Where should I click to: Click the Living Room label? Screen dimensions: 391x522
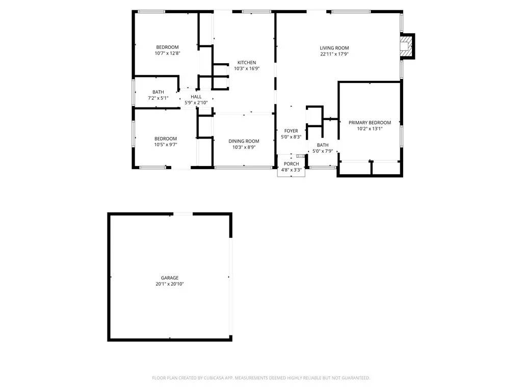pyautogui.click(x=334, y=48)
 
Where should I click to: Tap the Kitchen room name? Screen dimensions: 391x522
pyautogui.click(x=247, y=63)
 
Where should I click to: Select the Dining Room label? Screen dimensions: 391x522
pyautogui.click(x=244, y=141)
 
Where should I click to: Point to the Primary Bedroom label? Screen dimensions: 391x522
pyautogui.click(x=370, y=123)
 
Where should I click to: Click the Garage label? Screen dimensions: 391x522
pyautogui.click(x=170, y=278)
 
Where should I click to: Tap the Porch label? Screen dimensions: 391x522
pyautogui.click(x=292, y=163)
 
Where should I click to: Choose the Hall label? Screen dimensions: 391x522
pyautogui.click(x=196, y=97)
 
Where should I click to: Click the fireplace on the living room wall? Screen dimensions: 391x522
pyautogui.click(x=406, y=46)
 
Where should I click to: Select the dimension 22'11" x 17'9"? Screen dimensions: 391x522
pyautogui.click(x=334, y=54)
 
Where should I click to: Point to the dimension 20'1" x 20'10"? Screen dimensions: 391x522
pyautogui.click(x=170, y=284)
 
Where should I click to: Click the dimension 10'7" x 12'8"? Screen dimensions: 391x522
pyautogui.click(x=168, y=53)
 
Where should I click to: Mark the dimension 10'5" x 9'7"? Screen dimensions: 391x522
pyautogui.click(x=166, y=145)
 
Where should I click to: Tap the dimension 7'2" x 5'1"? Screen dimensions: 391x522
pyautogui.click(x=158, y=98)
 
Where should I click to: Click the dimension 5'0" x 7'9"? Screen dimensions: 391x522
pyautogui.click(x=323, y=151)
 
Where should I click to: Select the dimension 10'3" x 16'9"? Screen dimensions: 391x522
pyautogui.click(x=247, y=68)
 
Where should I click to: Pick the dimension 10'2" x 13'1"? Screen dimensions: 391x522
pyautogui.click(x=370, y=129)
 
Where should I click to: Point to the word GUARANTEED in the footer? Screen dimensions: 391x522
pyautogui.click(x=354, y=378)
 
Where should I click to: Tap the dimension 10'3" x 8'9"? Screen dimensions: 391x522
pyautogui.click(x=244, y=147)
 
